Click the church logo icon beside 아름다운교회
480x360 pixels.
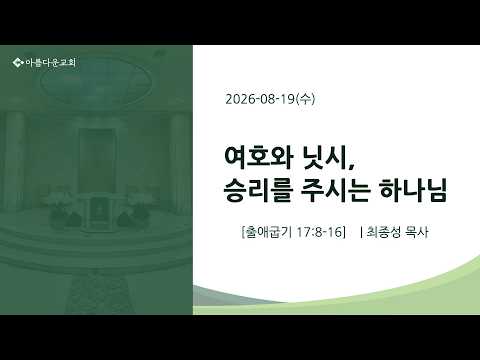[18, 62]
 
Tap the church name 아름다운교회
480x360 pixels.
[51, 62]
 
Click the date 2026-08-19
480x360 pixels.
[260, 99]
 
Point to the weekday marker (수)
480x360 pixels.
[305, 99]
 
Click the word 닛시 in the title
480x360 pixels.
[324, 157]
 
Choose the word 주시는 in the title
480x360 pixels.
[336, 190]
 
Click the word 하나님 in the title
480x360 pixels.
[413, 190]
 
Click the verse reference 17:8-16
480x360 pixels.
[319, 232]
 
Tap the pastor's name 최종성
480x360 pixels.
[384, 232]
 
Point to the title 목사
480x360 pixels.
[417, 232]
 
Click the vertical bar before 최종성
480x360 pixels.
[362, 232]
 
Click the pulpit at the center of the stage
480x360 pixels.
[98, 212]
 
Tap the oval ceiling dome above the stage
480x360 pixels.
[96, 81]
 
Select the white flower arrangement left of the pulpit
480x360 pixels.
[61, 204]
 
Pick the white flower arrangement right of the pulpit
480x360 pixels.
[136, 203]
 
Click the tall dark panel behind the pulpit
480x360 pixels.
[97, 161]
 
